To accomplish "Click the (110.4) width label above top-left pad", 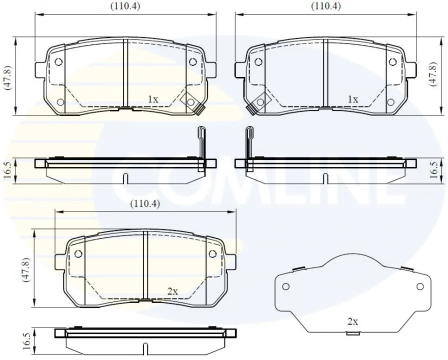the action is pyautogui.click(x=125, y=6).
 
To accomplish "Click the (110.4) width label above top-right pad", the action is pyautogui.click(x=326, y=6).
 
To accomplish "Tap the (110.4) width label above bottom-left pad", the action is pyautogui.click(x=145, y=204).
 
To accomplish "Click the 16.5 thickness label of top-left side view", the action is pyautogui.click(x=7, y=170).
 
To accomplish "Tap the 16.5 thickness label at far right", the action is pyautogui.click(x=434, y=170).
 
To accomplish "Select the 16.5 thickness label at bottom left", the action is pyautogui.click(x=26, y=340).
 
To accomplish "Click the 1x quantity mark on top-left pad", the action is pyautogui.click(x=153, y=99).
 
